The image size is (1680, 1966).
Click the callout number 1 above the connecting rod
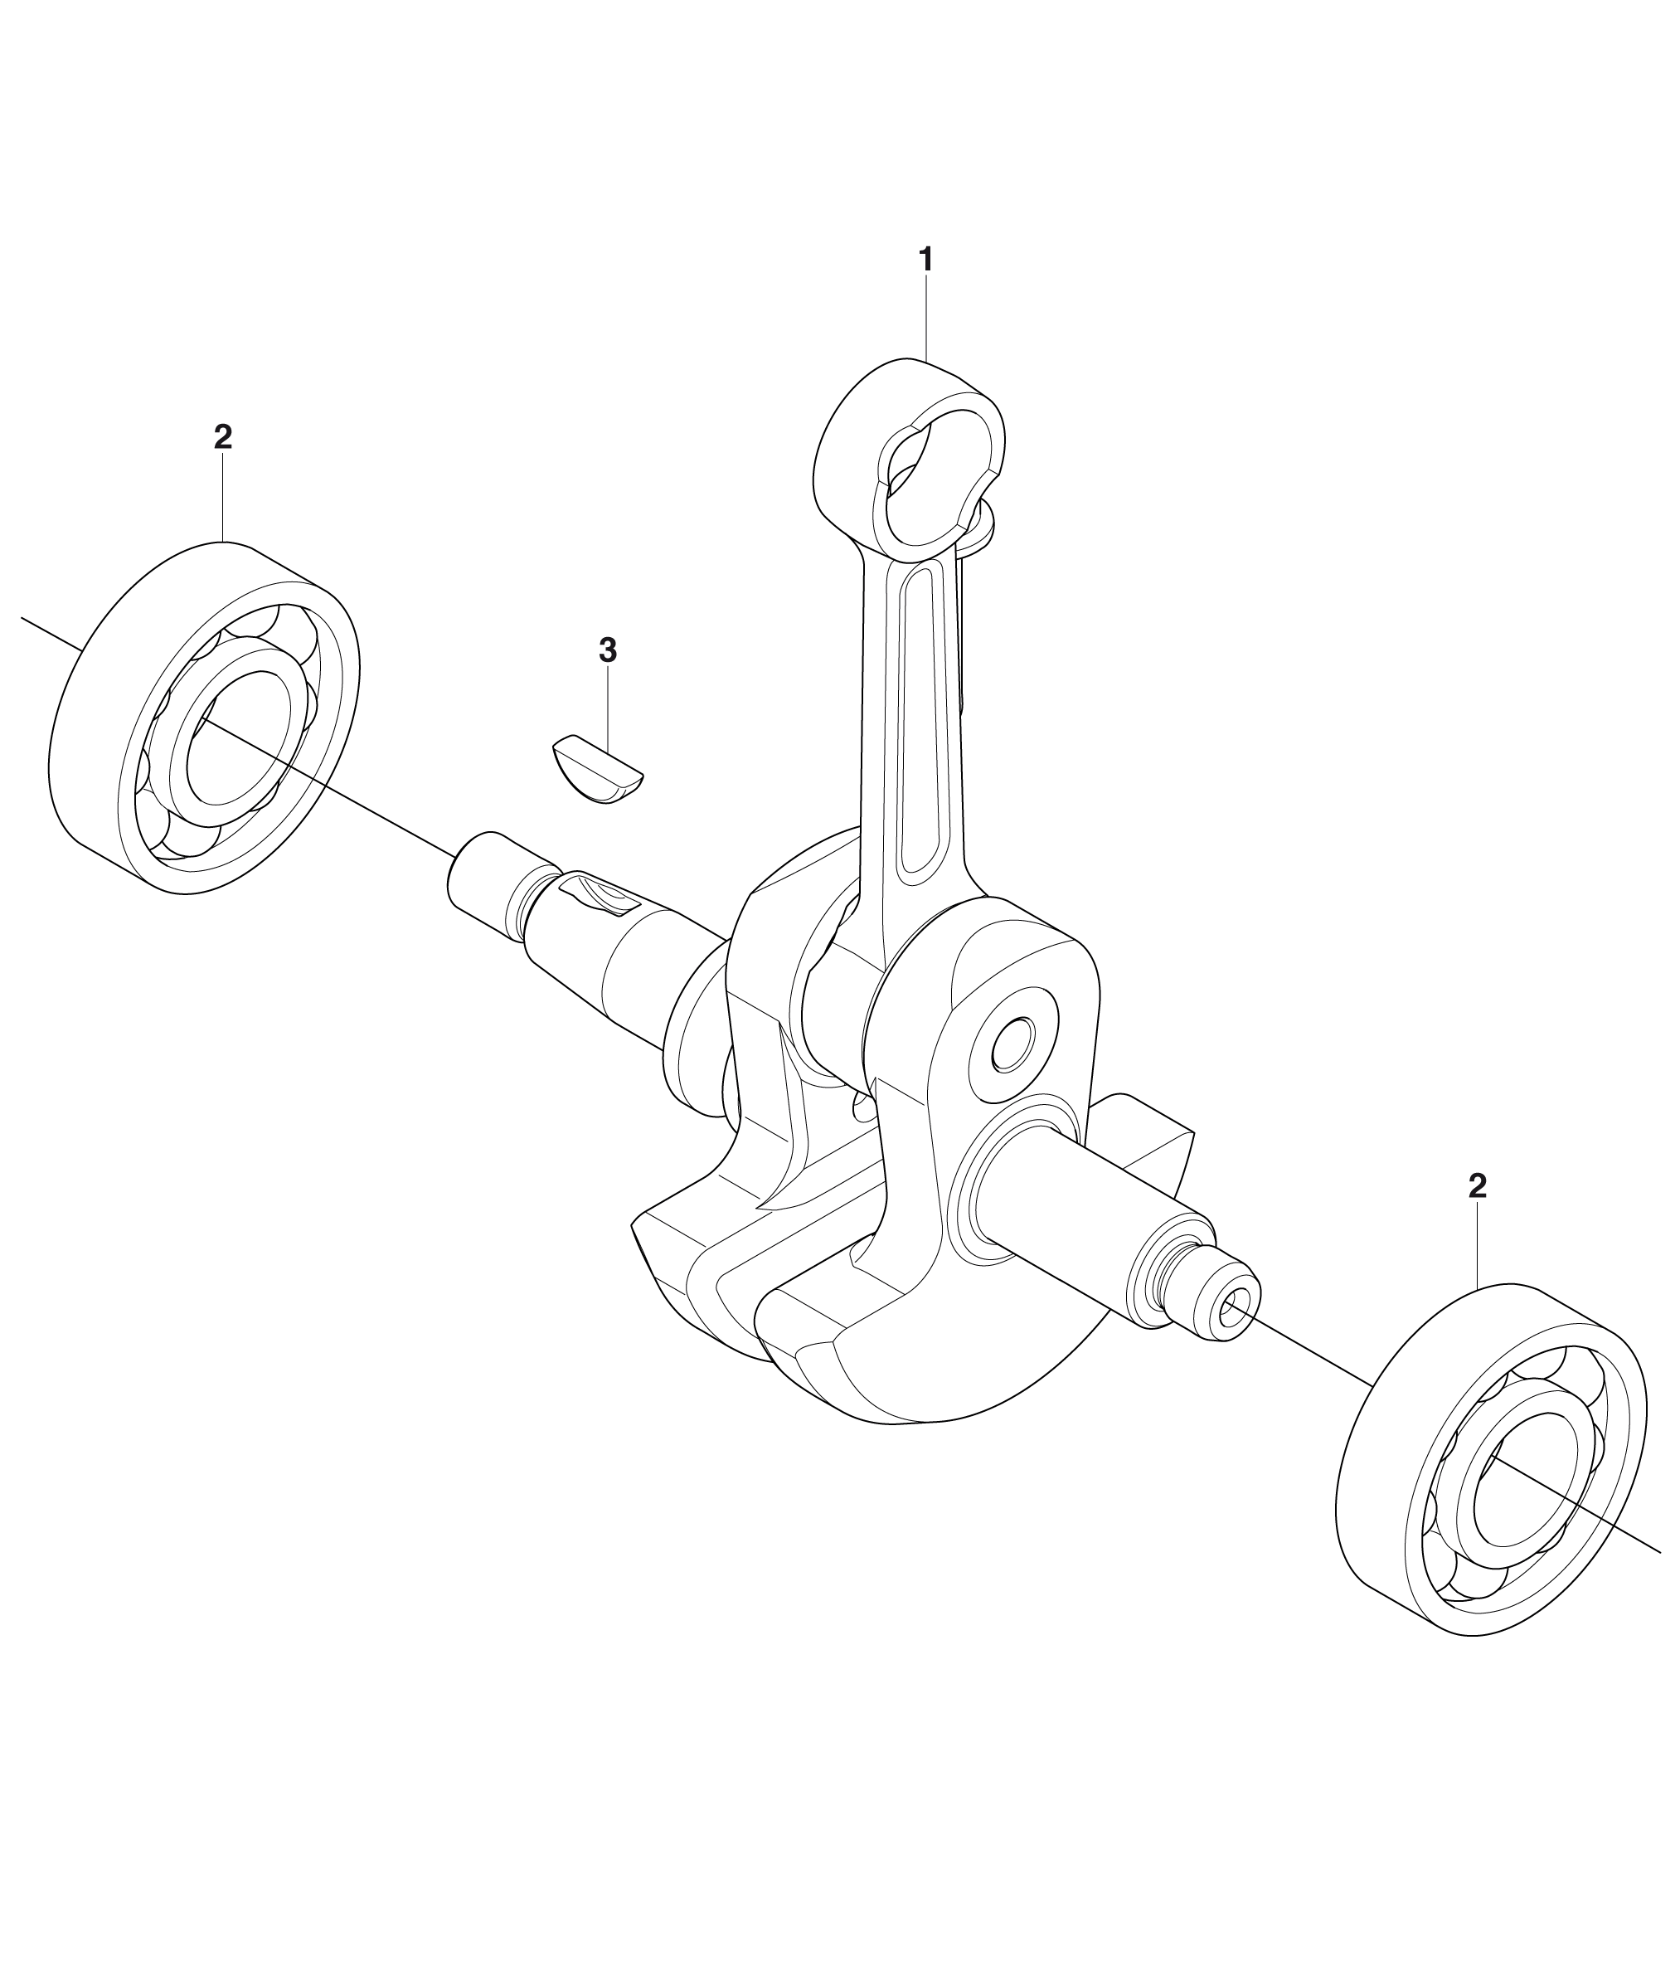[x=926, y=259]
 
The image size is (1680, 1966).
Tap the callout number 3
[x=608, y=650]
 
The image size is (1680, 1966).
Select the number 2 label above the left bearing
[x=223, y=436]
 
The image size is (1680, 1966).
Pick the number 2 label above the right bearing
[x=1477, y=1186]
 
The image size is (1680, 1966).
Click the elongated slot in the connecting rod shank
[x=921, y=720]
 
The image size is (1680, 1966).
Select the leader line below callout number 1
[x=926, y=318]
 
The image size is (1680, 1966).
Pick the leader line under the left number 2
[x=223, y=499]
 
